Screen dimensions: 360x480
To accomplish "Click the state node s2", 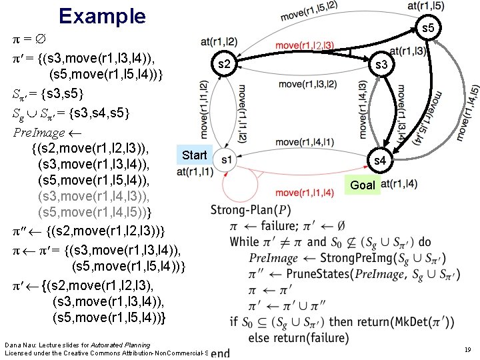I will tap(225, 64).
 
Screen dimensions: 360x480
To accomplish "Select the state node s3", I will tap(382, 65).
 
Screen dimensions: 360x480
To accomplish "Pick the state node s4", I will tap(379, 160).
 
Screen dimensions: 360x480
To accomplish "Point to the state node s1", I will tap(227, 159).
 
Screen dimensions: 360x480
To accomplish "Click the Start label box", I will tap(194, 155).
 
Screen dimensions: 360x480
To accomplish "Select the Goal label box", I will tap(363, 185).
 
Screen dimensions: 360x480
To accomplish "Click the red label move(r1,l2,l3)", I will tap(305, 45).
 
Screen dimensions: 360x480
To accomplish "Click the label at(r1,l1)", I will tap(195, 172).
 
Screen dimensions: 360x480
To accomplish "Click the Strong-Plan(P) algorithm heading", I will tap(251, 210).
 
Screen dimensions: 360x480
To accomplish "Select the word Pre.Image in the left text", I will tap(39, 132).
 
